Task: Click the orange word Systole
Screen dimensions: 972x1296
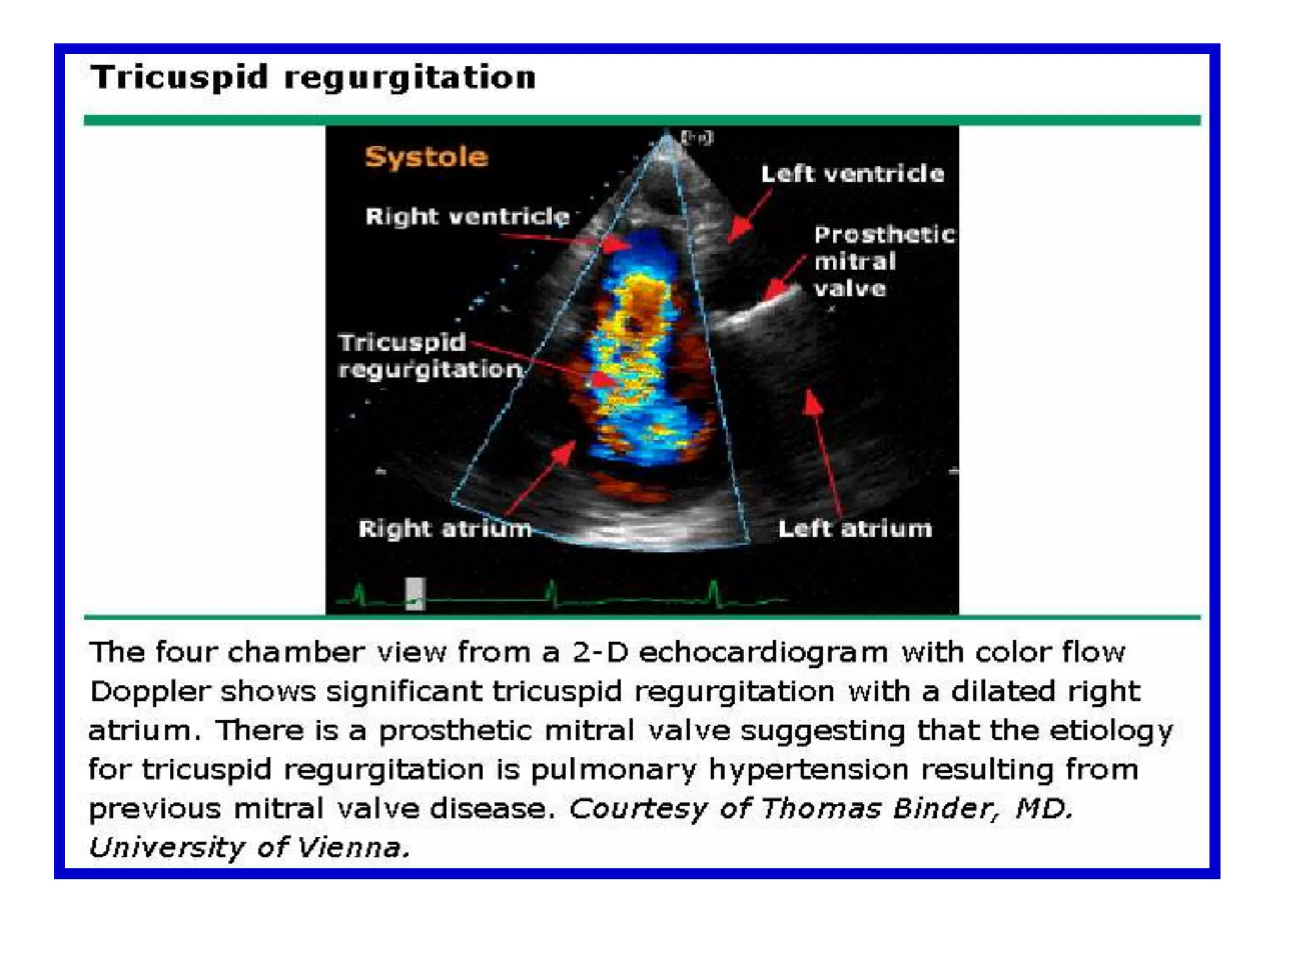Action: click(x=426, y=156)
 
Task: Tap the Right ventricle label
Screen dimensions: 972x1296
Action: click(x=467, y=216)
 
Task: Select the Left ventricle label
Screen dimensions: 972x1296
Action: click(x=852, y=173)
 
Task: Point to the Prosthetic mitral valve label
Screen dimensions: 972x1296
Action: click(x=883, y=261)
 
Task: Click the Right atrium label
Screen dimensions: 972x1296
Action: click(x=445, y=528)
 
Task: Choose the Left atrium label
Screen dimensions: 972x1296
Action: click(x=854, y=528)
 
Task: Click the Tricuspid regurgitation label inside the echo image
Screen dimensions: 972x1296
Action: click(x=430, y=356)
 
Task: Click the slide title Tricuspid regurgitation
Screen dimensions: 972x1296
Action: click(x=313, y=77)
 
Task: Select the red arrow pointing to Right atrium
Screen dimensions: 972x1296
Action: click(x=541, y=478)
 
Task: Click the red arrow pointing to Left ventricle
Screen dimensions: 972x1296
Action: click(x=750, y=215)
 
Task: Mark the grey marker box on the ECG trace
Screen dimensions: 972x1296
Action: click(x=415, y=594)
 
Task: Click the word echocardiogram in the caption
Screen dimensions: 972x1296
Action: click(x=763, y=652)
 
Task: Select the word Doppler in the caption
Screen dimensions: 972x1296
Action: click(x=149, y=692)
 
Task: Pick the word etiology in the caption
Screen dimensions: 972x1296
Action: click(x=1111, y=731)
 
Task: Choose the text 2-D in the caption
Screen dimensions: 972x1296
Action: click(x=601, y=652)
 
